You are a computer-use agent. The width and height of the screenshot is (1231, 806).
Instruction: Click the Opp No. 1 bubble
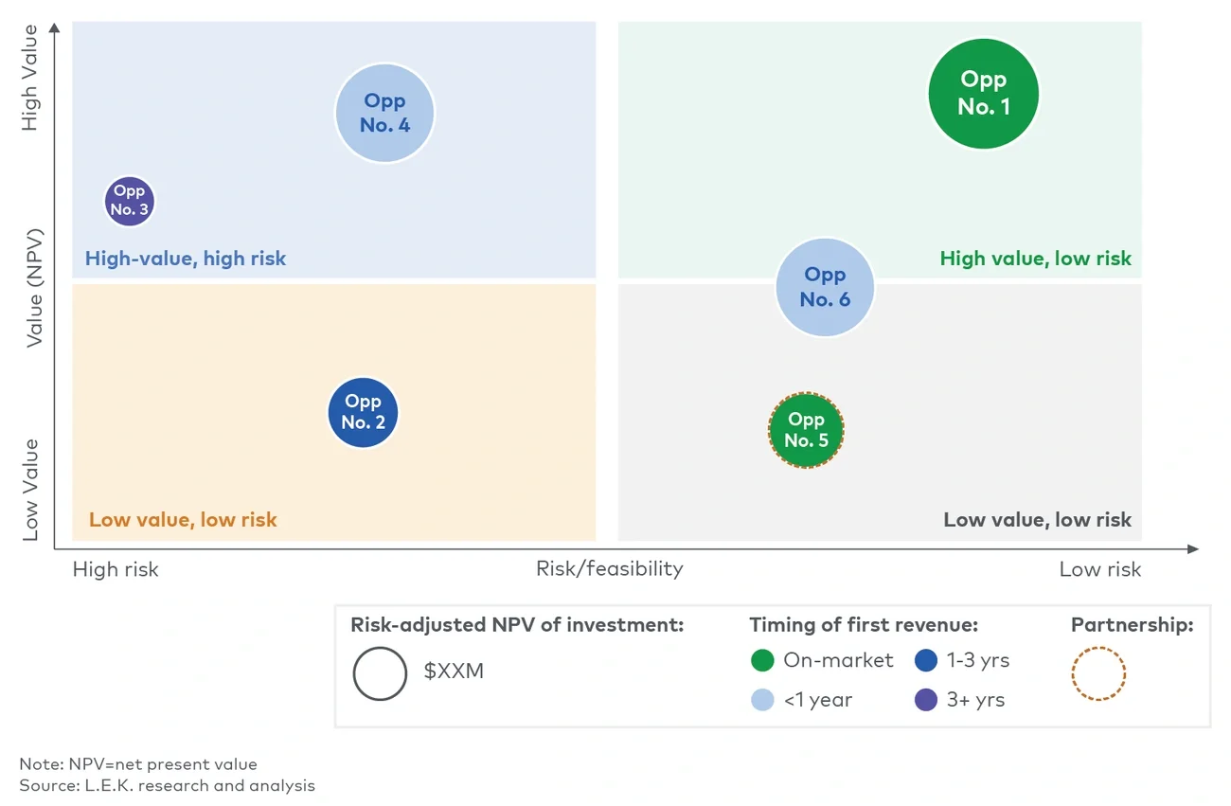click(x=983, y=94)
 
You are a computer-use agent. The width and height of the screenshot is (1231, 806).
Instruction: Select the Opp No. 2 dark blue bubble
click(x=363, y=413)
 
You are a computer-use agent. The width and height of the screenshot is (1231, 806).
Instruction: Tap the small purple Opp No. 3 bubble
click(x=129, y=201)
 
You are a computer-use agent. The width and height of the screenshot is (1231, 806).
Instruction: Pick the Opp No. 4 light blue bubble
click(x=384, y=113)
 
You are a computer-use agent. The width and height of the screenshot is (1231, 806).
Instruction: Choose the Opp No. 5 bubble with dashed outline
click(x=806, y=431)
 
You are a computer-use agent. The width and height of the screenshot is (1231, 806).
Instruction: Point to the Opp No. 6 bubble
click(x=825, y=287)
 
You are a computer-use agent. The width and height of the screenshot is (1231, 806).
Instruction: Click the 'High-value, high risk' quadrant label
click(x=186, y=259)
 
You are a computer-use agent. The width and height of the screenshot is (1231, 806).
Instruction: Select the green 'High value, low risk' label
click(x=1035, y=259)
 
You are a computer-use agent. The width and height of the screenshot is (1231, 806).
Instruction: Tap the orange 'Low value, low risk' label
click(x=183, y=519)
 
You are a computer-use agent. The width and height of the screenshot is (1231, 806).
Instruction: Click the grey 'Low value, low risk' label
click(x=1037, y=519)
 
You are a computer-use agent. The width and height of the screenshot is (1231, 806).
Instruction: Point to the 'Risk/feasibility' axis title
click(x=609, y=568)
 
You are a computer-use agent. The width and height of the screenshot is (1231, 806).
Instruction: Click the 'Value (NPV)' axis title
click(x=35, y=287)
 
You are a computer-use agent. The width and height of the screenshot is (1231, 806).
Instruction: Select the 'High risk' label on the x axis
click(x=116, y=569)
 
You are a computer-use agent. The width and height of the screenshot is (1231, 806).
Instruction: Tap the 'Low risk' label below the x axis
click(x=1099, y=569)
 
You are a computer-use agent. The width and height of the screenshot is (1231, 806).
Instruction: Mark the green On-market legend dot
click(x=762, y=660)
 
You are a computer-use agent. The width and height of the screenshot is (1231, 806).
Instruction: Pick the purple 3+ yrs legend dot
click(x=926, y=700)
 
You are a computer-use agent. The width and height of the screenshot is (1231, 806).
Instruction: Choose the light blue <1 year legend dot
click(x=762, y=700)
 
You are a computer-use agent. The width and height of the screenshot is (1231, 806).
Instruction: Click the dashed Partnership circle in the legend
click(x=1098, y=674)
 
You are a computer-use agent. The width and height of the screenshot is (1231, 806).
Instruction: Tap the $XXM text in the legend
click(x=454, y=672)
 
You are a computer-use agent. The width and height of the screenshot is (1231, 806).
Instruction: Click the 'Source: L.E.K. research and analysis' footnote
click(x=168, y=785)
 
